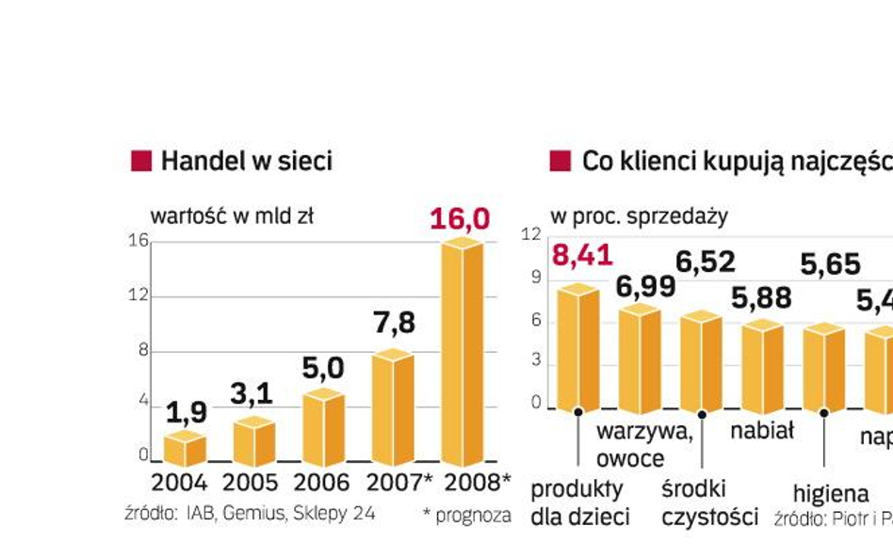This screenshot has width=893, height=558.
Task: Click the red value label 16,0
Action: tap(460, 219)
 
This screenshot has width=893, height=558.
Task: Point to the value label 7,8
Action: tap(392, 323)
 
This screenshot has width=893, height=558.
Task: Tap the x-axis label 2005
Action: tap(250, 483)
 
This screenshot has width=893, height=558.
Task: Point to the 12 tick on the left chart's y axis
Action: tap(138, 295)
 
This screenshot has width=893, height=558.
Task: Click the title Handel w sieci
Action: tap(246, 161)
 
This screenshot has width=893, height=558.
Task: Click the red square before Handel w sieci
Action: tap(140, 161)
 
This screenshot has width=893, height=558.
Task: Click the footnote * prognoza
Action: tap(467, 515)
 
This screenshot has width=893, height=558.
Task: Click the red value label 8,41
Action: tap(582, 255)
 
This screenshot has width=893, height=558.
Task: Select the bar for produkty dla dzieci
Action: tap(577, 348)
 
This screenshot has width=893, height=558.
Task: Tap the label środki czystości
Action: tap(709, 503)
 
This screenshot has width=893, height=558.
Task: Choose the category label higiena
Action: tap(830, 493)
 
